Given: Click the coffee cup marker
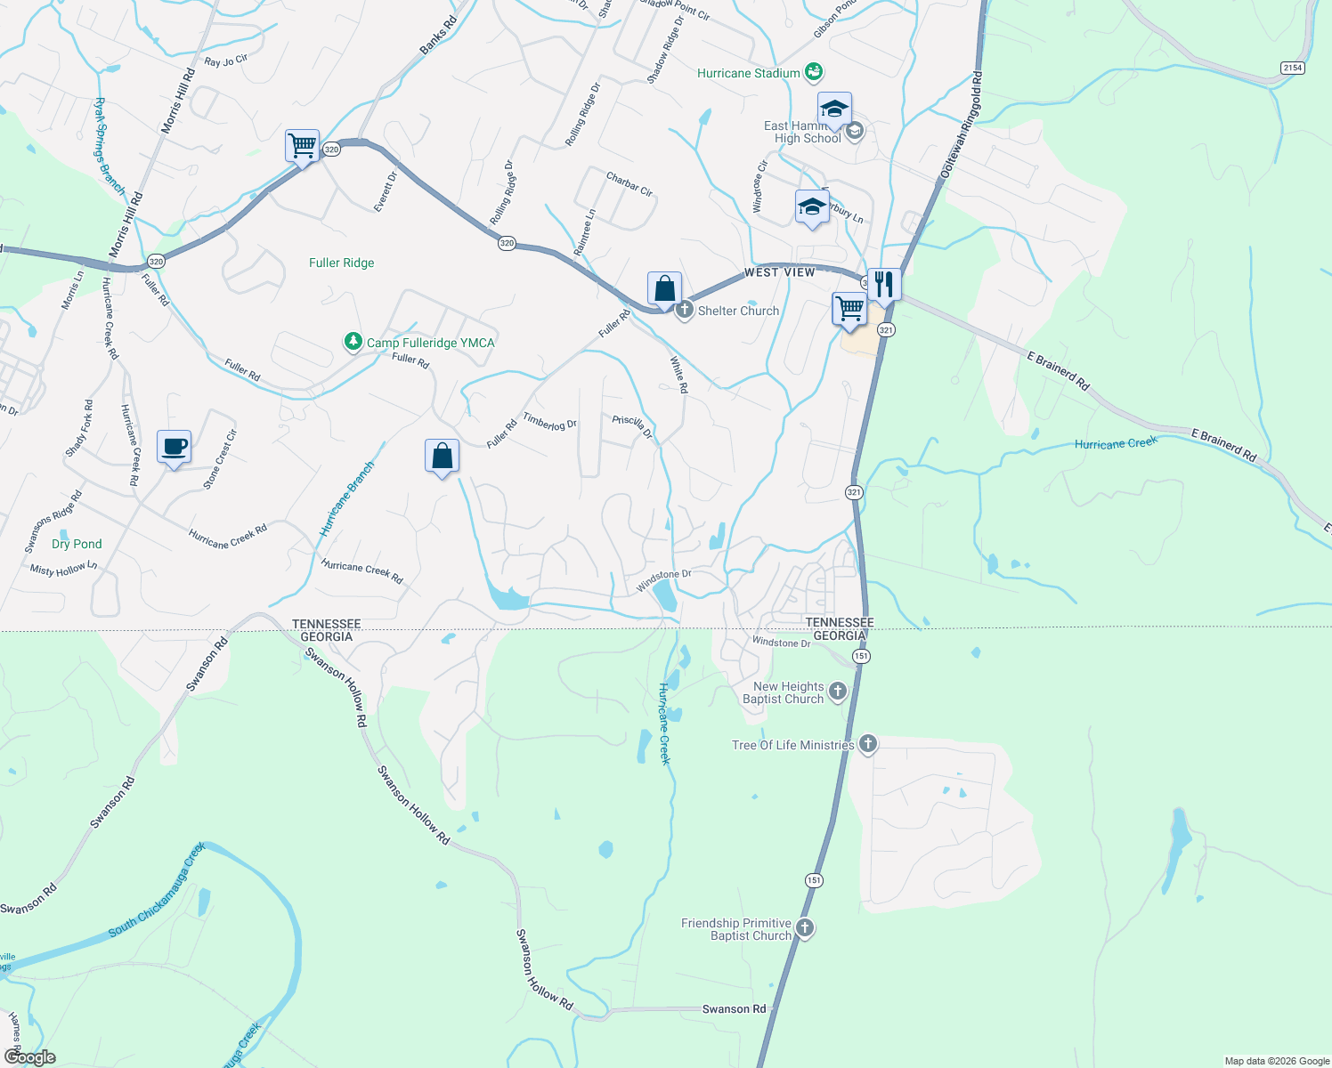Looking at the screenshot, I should click(x=175, y=447).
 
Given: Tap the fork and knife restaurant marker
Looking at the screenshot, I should click(x=884, y=285).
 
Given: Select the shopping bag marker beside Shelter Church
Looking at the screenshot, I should click(x=664, y=289).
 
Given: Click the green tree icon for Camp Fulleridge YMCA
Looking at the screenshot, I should click(x=353, y=342).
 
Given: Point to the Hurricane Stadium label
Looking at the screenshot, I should click(x=748, y=73).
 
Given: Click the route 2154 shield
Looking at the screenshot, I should click(x=1292, y=68).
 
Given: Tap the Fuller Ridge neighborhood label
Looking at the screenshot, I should click(x=341, y=263).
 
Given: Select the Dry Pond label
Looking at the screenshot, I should click(x=77, y=544).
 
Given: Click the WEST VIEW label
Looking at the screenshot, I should click(x=779, y=272).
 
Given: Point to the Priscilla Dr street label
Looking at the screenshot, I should click(x=632, y=426).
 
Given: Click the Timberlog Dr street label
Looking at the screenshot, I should click(x=549, y=421).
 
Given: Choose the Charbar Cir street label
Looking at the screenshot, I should click(x=629, y=184).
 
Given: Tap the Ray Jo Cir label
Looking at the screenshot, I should click(x=225, y=61).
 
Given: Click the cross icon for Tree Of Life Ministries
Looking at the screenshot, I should click(x=868, y=744).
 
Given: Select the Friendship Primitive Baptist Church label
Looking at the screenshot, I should click(x=736, y=929).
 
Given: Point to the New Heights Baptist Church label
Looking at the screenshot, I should click(x=784, y=692).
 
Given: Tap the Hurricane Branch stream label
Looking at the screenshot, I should click(x=347, y=498).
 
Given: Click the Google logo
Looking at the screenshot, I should click(x=30, y=1057).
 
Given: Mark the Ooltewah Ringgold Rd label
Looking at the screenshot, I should click(x=962, y=125).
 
